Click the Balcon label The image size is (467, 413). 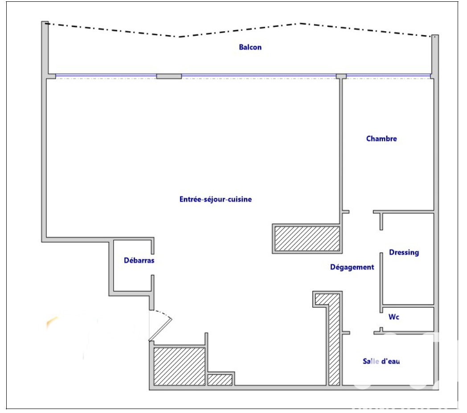pyautogui.click(x=250, y=47)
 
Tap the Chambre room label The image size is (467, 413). pyautogui.click(x=381, y=139)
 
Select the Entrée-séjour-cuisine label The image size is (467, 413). pyautogui.click(x=216, y=199)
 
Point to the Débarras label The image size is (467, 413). pyautogui.click(x=139, y=260)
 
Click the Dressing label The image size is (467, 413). pyautogui.click(x=404, y=253)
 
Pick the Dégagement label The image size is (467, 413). pyautogui.click(x=352, y=267)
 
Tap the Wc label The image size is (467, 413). pyautogui.click(x=394, y=317)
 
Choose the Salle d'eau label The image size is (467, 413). pyautogui.click(x=381, y=361)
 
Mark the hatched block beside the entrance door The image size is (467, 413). pyautogui.click(x=179, y=366)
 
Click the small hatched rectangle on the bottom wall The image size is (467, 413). pyautogui.click(x=220, y=380)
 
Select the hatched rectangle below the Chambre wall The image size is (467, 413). pyautogui.click(x=307, y=238)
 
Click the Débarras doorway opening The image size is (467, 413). pyautogui.click(x=152, y=264)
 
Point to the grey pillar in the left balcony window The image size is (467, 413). pyautogui.click(x=169, y=77)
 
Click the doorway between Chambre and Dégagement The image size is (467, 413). pyautogui.click(x=361, y=212)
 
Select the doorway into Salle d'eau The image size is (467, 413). pyautogui.click(x=361, y=333)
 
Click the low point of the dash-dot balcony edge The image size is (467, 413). pyautogui.click(x=179, y=37)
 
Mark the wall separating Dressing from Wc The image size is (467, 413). pyautogui.click(x=408, y=306)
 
